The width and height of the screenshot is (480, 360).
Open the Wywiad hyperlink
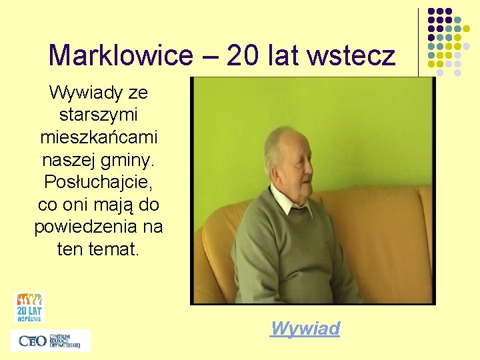[x=305, y=328]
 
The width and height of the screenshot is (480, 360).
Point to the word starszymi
[x=99, y=115]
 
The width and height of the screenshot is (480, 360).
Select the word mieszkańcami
[x=99, y=137]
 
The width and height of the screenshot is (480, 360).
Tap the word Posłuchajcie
[x=99, y=181]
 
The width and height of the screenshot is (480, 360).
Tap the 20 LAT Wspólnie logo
[x=29, y=307]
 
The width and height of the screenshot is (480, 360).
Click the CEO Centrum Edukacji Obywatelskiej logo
[x=50, y=341]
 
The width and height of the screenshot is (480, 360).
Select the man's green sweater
[x=287, y=253]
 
